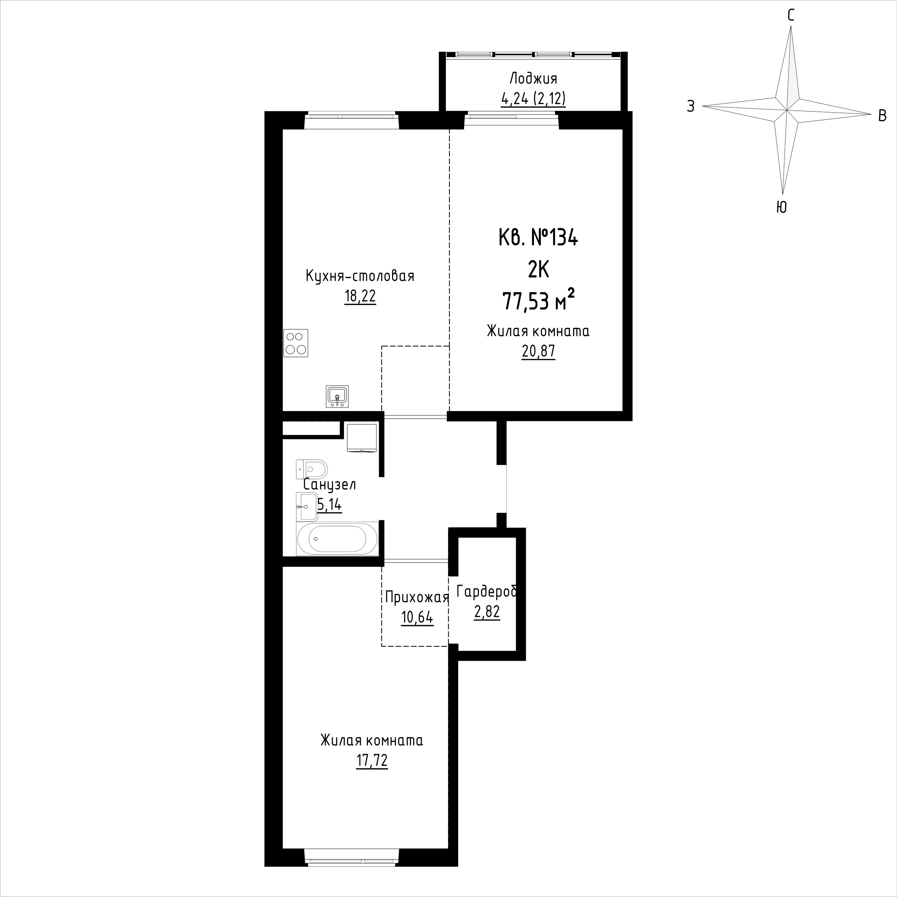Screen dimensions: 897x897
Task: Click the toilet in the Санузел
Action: (x=312, y=469)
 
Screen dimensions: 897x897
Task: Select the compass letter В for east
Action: (x=882, y=116)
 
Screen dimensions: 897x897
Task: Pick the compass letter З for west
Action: (x=691, y=107)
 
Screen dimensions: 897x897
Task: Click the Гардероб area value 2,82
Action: (x=487, y=612)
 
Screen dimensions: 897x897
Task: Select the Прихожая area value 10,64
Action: (x=417, y=617)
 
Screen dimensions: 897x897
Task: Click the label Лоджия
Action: (x=534, y=78)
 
